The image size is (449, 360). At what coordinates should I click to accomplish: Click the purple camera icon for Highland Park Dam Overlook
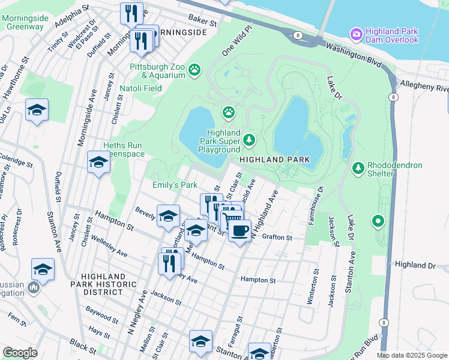pyautogui.click(x=357, y=34)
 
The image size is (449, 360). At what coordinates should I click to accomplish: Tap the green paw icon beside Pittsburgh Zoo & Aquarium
pyautogui.click(x=195, y=71)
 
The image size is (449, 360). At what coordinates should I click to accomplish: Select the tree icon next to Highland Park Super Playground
pyautogui.click(x=249, y=140)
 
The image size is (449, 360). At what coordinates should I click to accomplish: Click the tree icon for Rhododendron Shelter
pyautogui.click(x=358, y=169)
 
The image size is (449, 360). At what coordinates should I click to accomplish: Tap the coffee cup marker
pyautogui.click(x=240, y=230)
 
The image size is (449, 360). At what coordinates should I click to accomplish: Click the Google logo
pyautogui.click(x=20, y=353)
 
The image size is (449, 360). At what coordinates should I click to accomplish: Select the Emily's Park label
pyautogui.click(x=175, y=185)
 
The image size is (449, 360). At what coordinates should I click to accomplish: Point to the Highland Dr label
pyautogui.click(x=414, y=265)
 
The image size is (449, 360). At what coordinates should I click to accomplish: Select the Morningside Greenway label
pyautogui.click(x=25, y=22)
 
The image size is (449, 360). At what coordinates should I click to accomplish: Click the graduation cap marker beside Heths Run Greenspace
pyautogui.click(x=98, y=162)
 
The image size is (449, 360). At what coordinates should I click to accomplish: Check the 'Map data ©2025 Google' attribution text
pyautogui.click(x=412, y=355)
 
